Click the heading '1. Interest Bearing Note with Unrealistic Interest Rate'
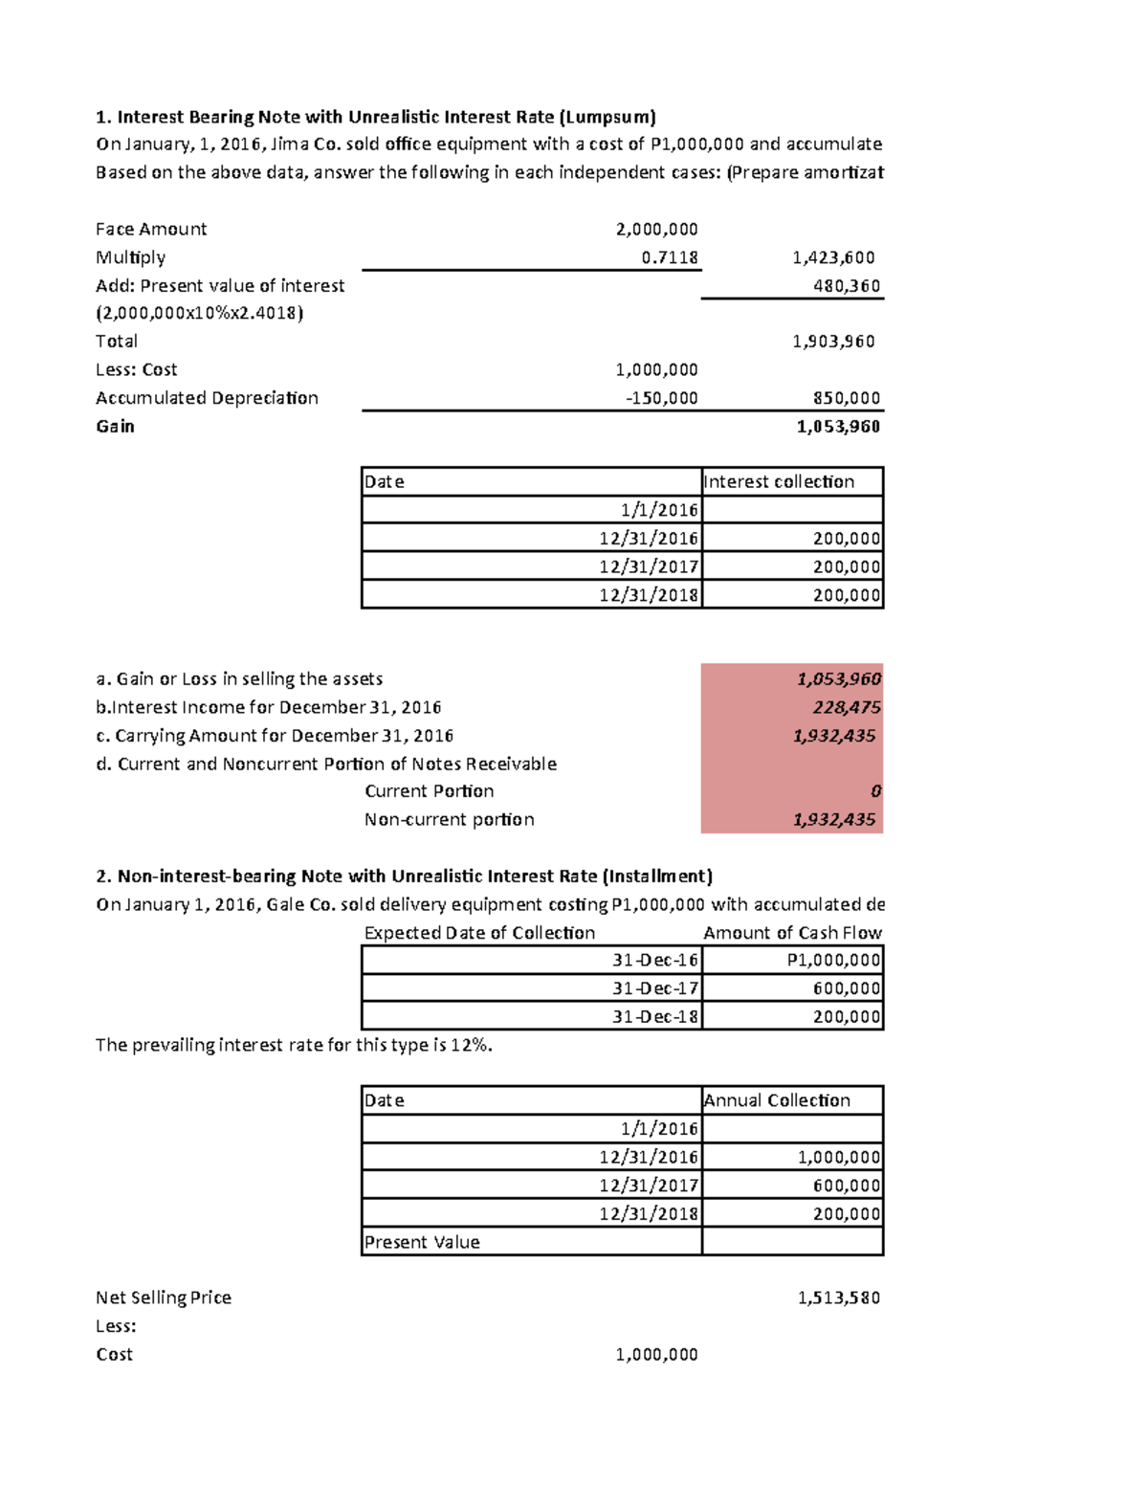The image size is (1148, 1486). [375, 117]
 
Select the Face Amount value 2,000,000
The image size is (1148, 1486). [656, 229]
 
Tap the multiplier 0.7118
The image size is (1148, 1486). [670, 257]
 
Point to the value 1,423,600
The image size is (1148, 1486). [833, 257]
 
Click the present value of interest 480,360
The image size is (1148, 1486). [847, 285]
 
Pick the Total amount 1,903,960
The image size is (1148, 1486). [833, 342]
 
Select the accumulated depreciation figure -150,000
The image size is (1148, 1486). [661, 398]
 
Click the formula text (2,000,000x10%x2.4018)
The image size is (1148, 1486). [199, 313]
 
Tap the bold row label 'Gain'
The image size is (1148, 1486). [115, 426]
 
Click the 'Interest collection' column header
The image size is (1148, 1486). [779, 481]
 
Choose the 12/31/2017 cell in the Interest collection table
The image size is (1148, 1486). [649, 566]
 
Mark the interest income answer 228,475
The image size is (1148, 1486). [847, 707]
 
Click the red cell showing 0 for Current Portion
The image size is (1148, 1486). [875, 791]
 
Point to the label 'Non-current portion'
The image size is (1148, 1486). [449, 819]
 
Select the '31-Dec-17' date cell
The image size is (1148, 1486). [655, 987]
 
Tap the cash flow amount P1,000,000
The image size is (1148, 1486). [833, 960]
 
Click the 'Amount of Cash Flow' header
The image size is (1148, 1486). [792, 933]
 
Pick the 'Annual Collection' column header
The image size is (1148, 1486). [777, 1100]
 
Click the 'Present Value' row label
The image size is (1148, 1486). [422, 1242]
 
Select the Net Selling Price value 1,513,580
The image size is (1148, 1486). [839, 1297]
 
